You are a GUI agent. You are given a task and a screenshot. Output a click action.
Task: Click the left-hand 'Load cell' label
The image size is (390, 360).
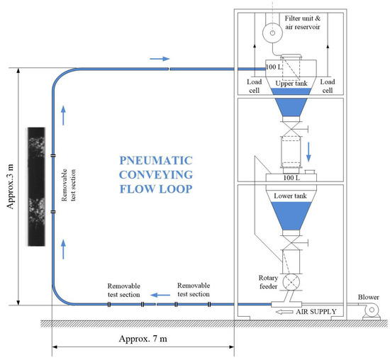click(254, 85)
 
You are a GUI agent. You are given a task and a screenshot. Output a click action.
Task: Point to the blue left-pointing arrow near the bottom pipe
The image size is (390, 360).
click(159, 293)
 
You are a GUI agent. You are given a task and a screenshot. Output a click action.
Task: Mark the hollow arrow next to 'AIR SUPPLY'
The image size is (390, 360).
click(285, 311)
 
